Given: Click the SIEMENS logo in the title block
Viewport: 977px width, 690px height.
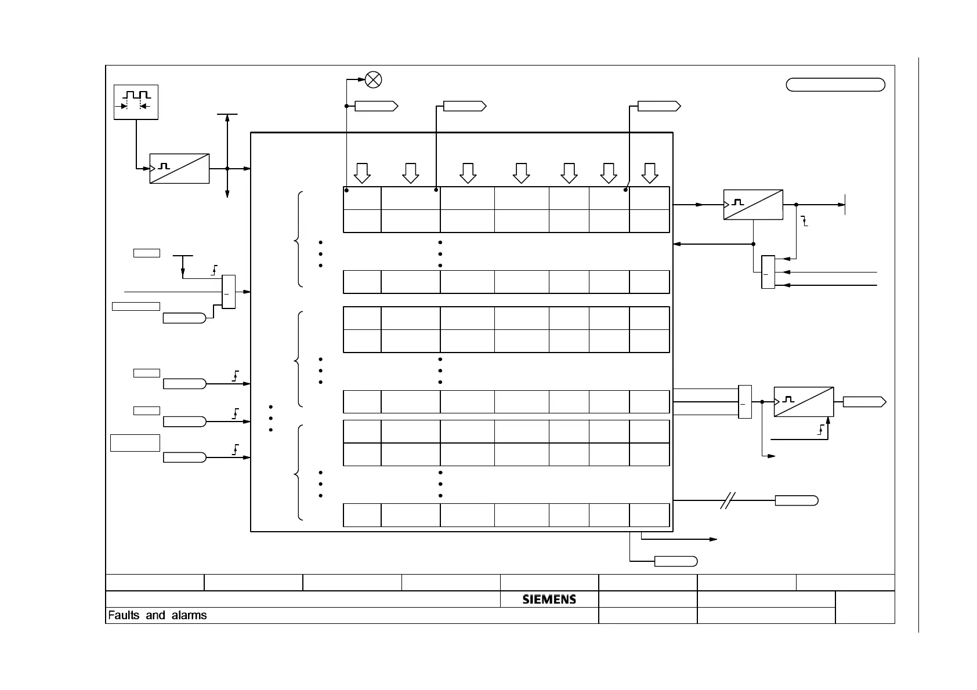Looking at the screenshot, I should (549, 599).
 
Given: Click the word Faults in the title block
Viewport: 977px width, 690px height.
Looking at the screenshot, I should (124, 615).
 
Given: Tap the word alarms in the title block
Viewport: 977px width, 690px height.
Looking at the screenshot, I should (189, 615).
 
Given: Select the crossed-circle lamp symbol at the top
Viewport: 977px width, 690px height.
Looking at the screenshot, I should (374, 79).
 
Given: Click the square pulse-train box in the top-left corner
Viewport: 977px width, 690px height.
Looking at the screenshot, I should (136, 103).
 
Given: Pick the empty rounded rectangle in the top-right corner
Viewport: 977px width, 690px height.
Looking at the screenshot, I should (835, 85).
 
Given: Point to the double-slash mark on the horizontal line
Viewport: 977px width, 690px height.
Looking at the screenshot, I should (728, 500).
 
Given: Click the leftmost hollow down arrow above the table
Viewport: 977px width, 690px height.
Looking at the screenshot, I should (362, 173).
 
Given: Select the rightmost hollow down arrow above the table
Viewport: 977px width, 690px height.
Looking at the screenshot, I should (650, 173).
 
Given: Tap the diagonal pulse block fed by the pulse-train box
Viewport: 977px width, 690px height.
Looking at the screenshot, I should (179, 169).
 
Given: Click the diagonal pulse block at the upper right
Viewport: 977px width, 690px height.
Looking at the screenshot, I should (753, 205).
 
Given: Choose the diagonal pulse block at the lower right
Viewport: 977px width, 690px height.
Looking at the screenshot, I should (804, 402).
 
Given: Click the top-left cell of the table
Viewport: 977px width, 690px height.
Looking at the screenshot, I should (362, 198).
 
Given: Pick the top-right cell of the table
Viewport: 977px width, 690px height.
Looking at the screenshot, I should (649, 198).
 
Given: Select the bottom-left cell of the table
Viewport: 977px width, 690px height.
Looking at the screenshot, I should (362, 515).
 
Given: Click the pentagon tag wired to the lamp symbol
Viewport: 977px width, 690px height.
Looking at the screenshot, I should (376, 106).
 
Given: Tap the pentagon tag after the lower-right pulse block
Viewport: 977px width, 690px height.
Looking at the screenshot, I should (864, 402).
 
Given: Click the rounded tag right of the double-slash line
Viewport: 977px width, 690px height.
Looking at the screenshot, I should (797, 501).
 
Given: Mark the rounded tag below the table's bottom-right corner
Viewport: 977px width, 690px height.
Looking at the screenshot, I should (676, 561).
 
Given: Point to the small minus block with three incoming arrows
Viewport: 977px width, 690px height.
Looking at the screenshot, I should (768, 272).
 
